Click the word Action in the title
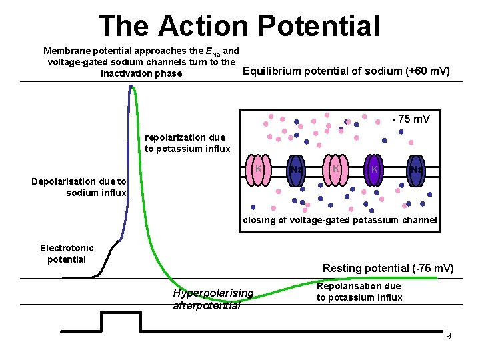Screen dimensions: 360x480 (203, 26)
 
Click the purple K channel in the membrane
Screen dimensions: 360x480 (375, 171)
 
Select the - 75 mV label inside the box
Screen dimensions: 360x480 (411, 119)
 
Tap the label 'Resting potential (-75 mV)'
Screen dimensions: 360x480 (388, 268)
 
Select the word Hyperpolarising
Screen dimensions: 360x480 (213, 293)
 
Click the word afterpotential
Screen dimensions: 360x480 (207, 305)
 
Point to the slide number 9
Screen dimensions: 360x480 (449, 336)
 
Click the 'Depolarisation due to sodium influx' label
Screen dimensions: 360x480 (79, 187)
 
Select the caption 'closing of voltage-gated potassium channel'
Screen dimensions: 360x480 (340, 220)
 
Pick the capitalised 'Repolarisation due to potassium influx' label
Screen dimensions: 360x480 (359, 291)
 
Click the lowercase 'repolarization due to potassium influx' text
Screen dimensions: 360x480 (187, 143)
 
